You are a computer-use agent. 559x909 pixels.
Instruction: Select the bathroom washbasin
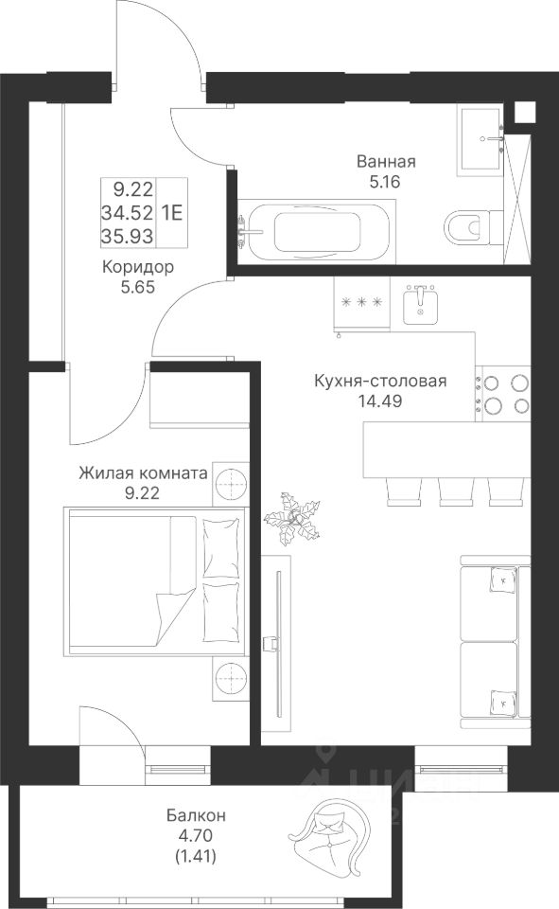coord(480,140)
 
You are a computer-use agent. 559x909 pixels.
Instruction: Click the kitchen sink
coord(421,305)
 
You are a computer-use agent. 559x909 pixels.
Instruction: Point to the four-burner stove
coord(503,394)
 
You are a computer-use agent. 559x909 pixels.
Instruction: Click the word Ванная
coord(386,161)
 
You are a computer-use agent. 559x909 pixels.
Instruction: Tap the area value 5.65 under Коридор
coord(137,287)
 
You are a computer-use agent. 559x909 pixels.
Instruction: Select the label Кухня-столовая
coord(380,381)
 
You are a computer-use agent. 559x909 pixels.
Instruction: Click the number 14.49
coord(380,401)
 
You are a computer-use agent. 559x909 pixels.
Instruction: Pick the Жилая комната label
coord(143,473)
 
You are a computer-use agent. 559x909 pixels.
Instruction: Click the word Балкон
coord(196,815)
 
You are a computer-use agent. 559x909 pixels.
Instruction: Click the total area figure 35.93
coord(128,236)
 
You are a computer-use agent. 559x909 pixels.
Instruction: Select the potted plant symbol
coord(292,519)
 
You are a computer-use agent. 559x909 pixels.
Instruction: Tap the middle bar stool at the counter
coord(456,491)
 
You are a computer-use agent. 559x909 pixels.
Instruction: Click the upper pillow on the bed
coord(220,548)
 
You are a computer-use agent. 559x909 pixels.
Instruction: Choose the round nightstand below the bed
coord(231,676)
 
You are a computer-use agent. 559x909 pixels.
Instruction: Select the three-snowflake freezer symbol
coord(362,302)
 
